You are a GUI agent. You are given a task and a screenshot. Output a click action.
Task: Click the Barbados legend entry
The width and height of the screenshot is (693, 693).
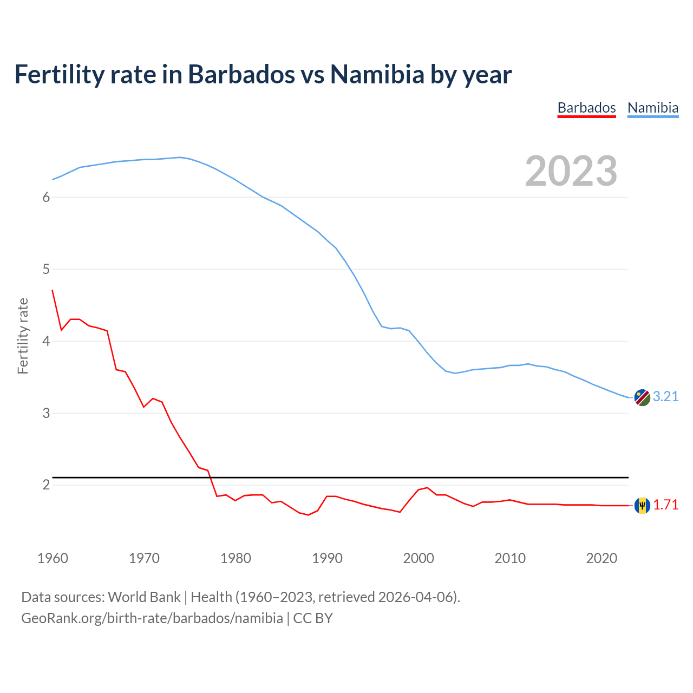pos(586,108)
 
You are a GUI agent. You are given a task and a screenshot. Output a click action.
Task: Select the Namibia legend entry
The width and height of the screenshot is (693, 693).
pos(652,108)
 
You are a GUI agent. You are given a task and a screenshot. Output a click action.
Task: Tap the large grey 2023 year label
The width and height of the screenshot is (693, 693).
pos(571,171)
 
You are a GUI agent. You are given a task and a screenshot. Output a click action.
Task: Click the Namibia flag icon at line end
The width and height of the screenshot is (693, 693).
pos(642,397)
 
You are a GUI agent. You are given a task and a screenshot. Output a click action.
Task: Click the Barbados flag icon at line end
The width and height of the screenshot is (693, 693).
pos(642,505)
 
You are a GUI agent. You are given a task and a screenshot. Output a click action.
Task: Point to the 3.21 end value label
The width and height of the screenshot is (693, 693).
pos(665,396)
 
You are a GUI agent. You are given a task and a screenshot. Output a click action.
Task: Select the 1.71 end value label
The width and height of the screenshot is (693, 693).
pos(665,505)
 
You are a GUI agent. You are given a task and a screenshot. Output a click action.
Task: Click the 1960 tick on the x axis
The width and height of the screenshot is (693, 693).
pos(53,558)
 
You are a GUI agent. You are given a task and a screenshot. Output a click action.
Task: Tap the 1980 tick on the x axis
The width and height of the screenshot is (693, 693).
pos(236,558)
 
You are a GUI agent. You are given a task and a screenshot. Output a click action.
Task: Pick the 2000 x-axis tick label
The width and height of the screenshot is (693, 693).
pos(419,558)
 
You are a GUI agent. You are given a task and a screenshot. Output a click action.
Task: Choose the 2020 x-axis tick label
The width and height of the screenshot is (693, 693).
pos(602,558)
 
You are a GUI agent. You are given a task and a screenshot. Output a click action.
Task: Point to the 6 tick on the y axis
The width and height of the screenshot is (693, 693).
pos(46,197)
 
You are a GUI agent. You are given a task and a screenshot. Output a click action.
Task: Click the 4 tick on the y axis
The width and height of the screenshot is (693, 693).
pos(46,341)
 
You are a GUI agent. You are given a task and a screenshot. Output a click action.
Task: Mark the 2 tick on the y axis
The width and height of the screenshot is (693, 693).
pos(46,485)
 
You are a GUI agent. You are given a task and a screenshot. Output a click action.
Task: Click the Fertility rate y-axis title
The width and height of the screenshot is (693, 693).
pos(23,336)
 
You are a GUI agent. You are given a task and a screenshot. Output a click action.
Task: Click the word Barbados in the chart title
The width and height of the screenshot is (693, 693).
pos(241,74)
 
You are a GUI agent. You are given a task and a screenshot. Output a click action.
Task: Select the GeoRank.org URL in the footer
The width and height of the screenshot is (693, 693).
pos(152,618)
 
